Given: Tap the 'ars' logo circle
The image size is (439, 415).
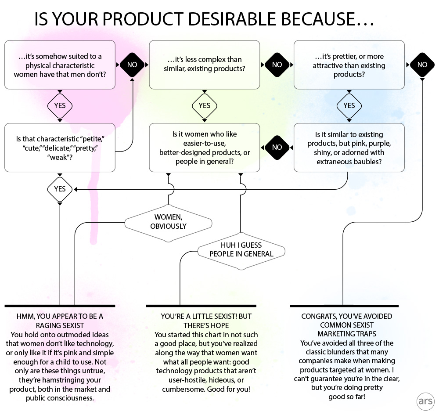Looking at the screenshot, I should click(x=425, y=402).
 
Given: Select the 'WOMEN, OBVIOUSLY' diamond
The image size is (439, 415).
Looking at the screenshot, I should click(x=169, y=222).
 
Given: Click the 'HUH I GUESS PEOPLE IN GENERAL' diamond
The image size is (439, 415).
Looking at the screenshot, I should click(x=241, y=250).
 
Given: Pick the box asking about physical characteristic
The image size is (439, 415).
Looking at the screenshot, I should click(x=60, y=65).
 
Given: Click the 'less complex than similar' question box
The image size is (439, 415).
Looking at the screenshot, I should click(x=205, y=65).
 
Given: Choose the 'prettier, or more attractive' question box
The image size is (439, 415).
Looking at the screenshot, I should click(x=349, y=65).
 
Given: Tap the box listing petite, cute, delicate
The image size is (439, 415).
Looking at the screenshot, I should click(x=60, y=148).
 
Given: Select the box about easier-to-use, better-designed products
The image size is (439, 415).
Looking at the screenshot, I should click(x=205, y=148).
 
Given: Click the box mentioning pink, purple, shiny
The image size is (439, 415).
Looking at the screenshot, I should click(x=349, y=148).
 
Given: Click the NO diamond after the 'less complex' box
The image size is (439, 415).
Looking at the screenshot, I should click(x=277, y=65).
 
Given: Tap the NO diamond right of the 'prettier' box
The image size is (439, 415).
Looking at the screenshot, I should click(x=422, y=65).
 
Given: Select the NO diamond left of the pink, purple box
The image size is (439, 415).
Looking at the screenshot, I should click(x=277, y=148).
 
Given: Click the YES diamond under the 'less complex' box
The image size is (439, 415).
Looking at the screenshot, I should click(x=205, y=106).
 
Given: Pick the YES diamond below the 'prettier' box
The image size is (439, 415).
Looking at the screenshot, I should click(x=349, y=106).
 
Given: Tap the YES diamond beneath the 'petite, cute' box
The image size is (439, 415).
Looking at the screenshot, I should click(x=60, y=189).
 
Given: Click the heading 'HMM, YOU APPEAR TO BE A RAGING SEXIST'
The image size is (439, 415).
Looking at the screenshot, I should click(x=60, y=320).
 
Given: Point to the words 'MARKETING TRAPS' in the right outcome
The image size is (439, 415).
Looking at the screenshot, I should click(x=347, y=334).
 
